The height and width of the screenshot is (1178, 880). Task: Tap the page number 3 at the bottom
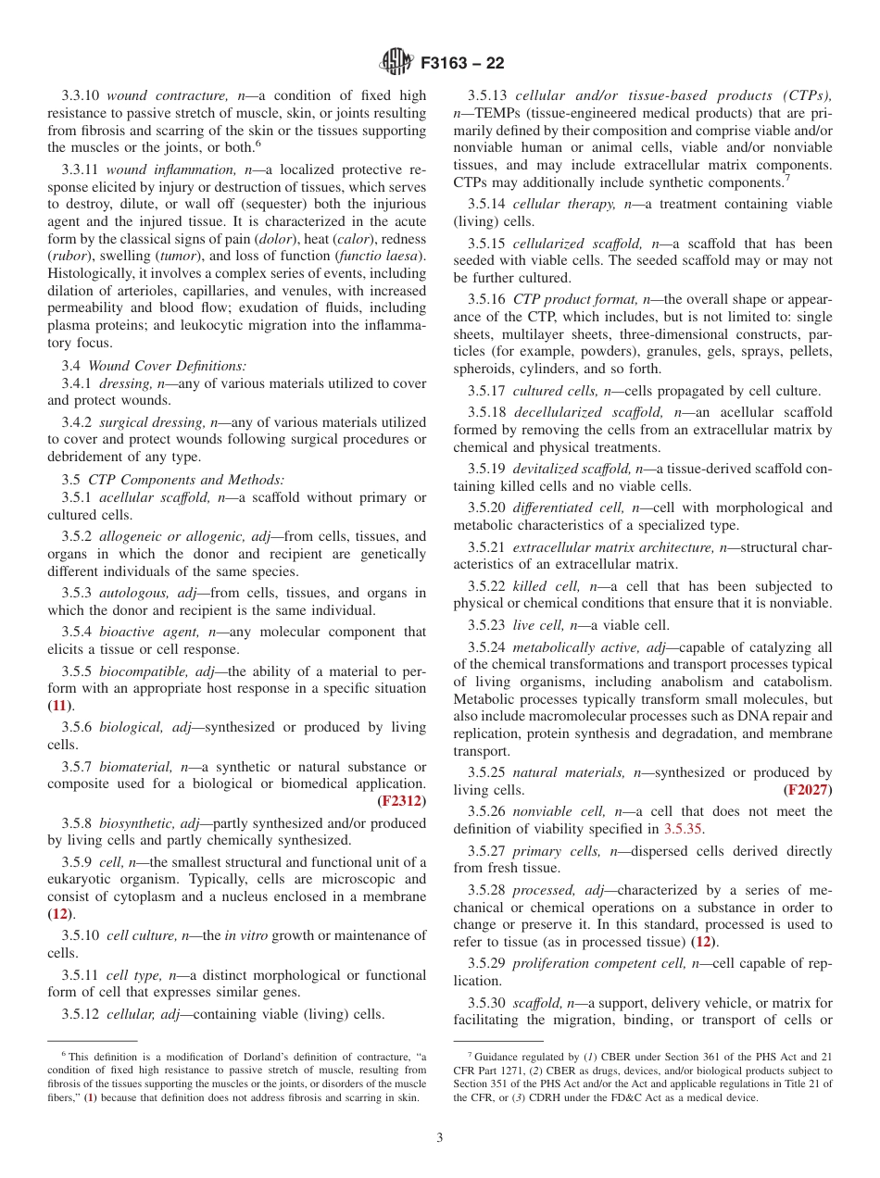(x=440, y=1137)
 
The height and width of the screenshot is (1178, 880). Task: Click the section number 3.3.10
(x=82, y=95)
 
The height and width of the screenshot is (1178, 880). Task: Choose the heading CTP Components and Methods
(x=186, y=480)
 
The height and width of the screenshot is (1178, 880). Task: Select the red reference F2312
(x=402, y=801)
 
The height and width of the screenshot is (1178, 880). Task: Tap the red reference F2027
(x=808, y=790)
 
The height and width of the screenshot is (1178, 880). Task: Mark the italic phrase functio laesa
(x=383, y=257)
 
